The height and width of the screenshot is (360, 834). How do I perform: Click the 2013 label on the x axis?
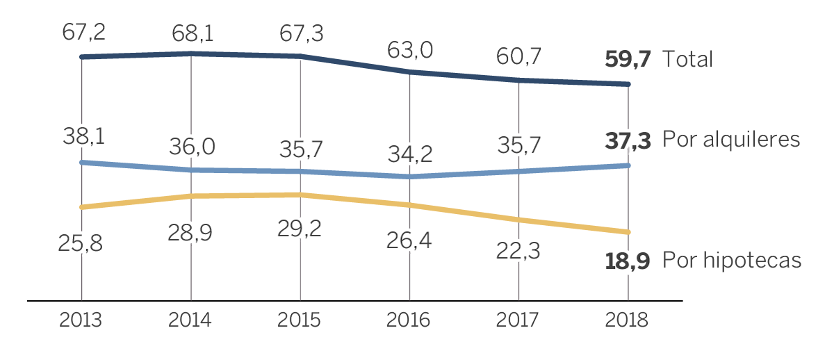pyautogui.click(x=81, y=320)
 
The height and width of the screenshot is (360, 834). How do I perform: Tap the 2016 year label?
pyautogui.click(x=409, y=320)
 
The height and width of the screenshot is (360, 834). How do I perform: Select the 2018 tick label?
pyautogui.click(x=627, y=320)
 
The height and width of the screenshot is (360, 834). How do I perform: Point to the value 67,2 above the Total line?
pyautogui.click(x=83, y=32)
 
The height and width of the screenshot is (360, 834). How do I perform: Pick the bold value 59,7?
pyautogui.click(x=628, y=60)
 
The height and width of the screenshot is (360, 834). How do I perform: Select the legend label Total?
pyautogui.click(x=687, y=60)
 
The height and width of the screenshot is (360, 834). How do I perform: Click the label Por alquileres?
pyautogui.click(x=731, y=140)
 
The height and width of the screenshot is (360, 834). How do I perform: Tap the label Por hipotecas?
pyautogui.click(x=732, y=261)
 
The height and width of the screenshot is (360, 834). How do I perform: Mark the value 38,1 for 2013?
pyautogui.click(x=83, y=136)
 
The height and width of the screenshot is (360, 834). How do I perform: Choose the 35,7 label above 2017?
pyautogui.click(x=520, y=145)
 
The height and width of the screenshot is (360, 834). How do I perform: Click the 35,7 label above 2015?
pyautogui.click(x=302, y=149)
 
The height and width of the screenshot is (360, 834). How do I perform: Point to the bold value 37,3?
pyautogui.click(x=628, y=141)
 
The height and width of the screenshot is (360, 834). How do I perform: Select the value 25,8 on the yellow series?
pyautogui.click(x=81, y=243)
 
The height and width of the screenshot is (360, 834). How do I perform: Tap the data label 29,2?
pyautogui.click(x=300, y=229)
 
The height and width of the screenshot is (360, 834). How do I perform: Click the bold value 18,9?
pyautogui.click(x=628, y=261)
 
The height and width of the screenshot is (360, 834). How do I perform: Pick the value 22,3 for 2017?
pyautogui.click(x=518, y=251)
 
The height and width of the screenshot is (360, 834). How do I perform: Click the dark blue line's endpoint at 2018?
pyautogui.click(x=628, y=85)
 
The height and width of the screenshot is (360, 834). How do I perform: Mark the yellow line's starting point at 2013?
pyautogui.click(x=82, y=207)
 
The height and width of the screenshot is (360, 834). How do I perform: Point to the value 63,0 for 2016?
pyautogui.click(x=411, y=51)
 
